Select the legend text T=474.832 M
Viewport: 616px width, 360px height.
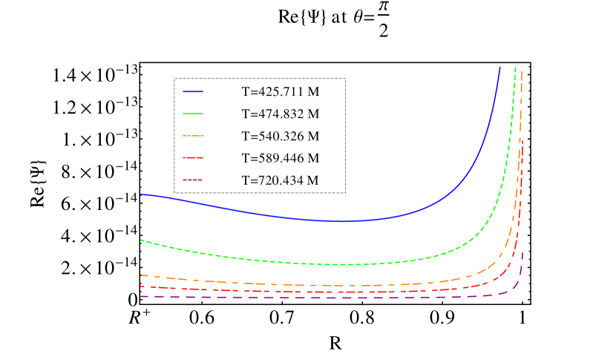pos(281,114)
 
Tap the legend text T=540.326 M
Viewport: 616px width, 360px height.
pos(281,137)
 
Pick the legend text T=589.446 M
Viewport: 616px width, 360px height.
pos(281,158)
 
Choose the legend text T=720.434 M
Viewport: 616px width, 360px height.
pos(281,180)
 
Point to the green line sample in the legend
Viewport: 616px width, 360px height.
pos(193,114)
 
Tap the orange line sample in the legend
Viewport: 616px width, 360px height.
pos(193,136)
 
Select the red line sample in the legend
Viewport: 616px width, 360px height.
pos(193,157)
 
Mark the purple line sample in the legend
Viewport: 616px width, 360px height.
pos(193,180)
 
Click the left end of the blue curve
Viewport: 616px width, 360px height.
pos(141,194)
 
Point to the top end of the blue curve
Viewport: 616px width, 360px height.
pos(500,67)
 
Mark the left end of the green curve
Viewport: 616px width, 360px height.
pos(141,240)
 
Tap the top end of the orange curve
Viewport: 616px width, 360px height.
pos(522,71)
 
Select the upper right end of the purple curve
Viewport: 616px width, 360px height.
pos(523,252)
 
